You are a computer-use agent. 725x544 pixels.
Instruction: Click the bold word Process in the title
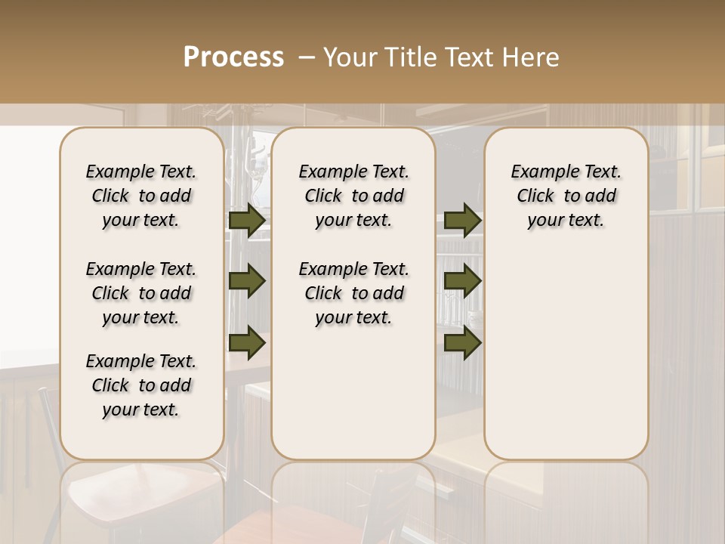(x=233, y=57)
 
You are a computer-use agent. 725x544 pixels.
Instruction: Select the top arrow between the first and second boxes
(x=247, y=220)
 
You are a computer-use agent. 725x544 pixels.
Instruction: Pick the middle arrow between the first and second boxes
(x=247, y=281)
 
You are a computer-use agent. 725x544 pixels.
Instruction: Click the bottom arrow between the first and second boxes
(x=247, y=342)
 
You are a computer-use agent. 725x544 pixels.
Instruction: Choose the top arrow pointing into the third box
(x=462, y=220)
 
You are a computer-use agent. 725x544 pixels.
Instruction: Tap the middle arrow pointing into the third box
(x=462, y=281)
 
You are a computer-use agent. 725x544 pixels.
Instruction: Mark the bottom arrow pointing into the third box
(x=462, y=342)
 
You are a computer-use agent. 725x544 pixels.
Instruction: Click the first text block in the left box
(x=141, y=196)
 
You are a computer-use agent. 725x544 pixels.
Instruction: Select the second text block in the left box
(x=141, y=293)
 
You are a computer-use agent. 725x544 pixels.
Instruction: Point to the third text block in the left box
(x=141, y=385)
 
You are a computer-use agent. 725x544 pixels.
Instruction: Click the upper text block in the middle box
(x=353, y=196)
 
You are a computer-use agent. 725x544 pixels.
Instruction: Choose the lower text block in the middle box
(x=353, y=293)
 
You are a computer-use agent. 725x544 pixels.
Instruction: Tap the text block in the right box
(x=566, y=196)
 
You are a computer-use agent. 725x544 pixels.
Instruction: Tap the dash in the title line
(x=307, y=57)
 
